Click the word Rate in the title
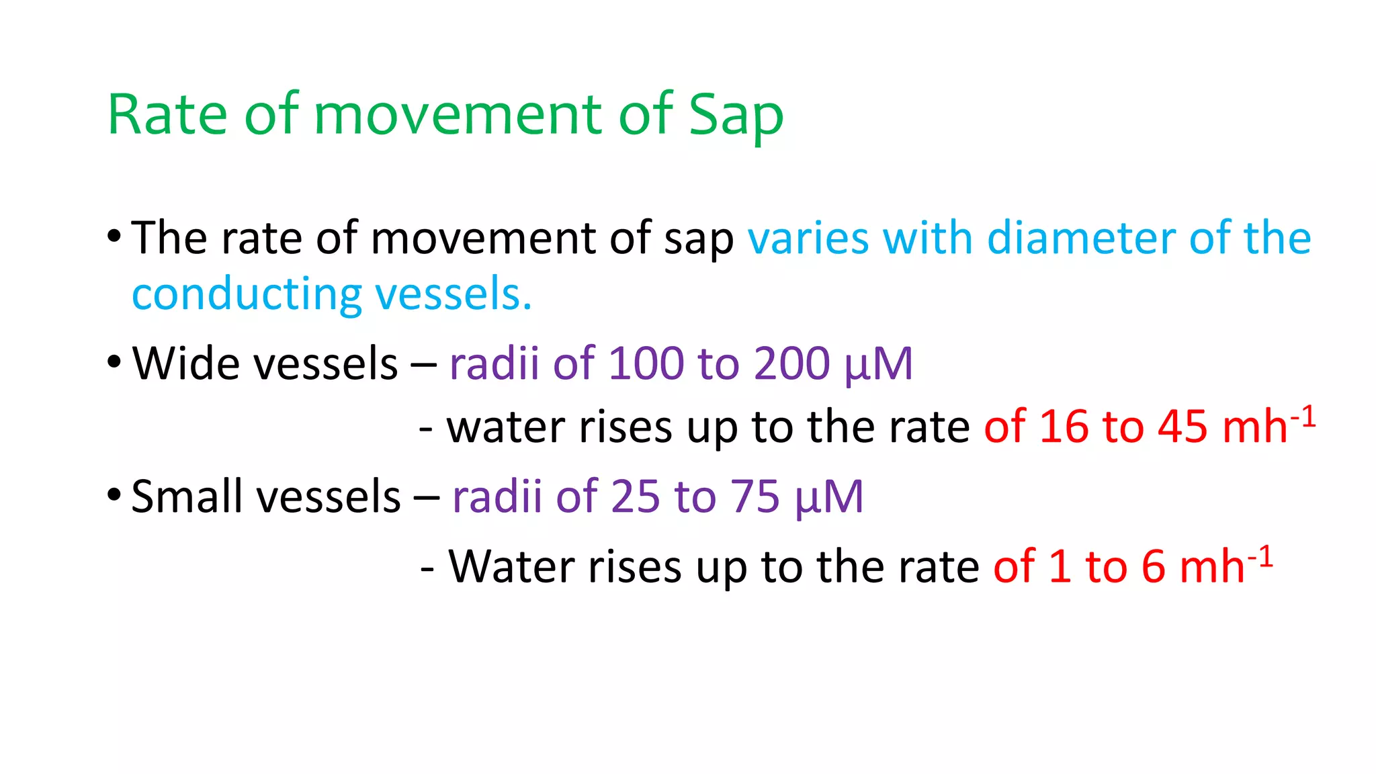click(x=167, y=116)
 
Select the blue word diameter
click(x=1081, y=239)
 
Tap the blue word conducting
click(x=247, y=295)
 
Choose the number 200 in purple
click(x=791, y=363)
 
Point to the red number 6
click(x=1153, y=566)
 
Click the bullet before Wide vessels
click(x=114, y=362)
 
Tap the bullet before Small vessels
click(x=114, y=496)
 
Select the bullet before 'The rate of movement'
click(x=114, y=236)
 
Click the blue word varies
click(x=808, y=239)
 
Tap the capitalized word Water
click(x=511, y=566)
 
